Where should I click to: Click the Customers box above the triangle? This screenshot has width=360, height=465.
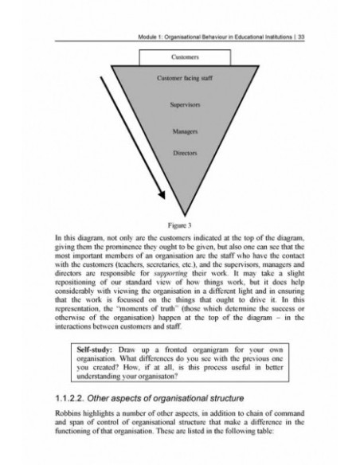185,57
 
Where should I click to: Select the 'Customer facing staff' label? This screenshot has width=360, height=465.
185,79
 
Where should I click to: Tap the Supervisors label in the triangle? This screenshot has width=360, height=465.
185,105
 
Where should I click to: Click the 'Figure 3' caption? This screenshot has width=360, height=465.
185,226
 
